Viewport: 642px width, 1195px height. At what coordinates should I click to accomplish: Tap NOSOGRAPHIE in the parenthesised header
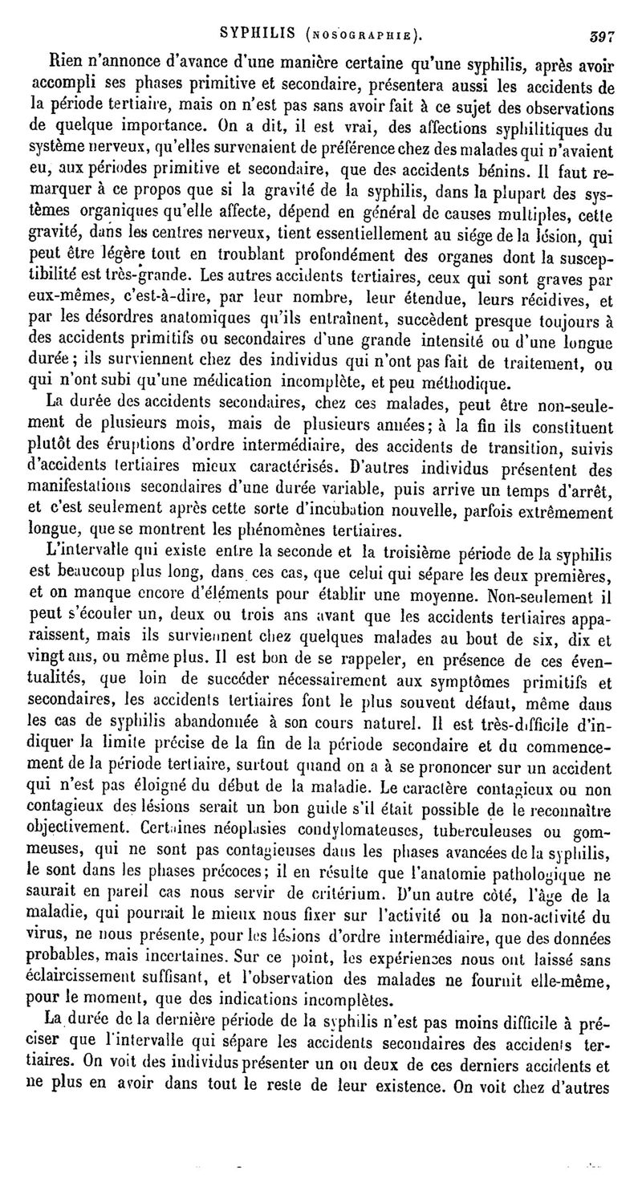[x=359, y=35]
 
